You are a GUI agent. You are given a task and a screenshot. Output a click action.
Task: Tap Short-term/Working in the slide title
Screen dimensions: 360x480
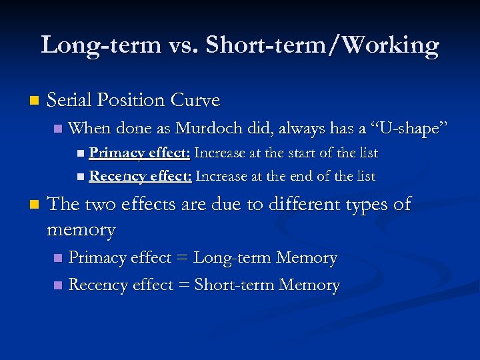coord(322,45)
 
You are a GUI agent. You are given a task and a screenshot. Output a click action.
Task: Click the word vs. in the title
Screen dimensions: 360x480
coord(183,45)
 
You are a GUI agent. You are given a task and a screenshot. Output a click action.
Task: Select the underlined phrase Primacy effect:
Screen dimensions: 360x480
coord(140,153)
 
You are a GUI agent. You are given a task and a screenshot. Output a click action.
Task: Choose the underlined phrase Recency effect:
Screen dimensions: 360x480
coord(141,177)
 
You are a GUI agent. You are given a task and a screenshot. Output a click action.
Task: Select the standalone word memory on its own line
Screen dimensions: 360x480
coord(81,231)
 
